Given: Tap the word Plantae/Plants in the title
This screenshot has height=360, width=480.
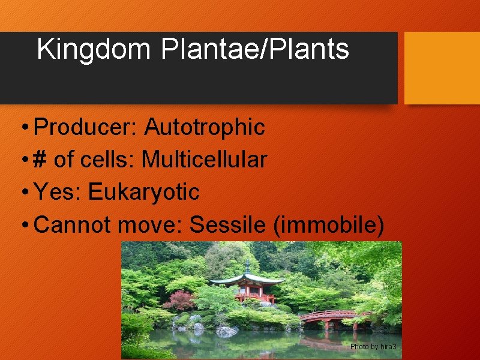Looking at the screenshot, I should point(254,49).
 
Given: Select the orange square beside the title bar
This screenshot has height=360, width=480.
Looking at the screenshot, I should point(442,68).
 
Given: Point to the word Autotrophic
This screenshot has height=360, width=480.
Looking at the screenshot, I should point(205,127).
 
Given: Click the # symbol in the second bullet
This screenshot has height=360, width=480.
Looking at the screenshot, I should point(41,160).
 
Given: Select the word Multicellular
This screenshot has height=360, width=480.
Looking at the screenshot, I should point(204,160).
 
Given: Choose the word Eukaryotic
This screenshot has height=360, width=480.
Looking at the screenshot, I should point(144,192).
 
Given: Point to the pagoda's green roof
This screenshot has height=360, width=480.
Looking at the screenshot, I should point(247,280).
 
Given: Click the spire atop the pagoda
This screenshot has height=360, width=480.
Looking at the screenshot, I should point(247,266).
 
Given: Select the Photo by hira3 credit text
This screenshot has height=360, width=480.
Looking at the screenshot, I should point(373,347).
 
